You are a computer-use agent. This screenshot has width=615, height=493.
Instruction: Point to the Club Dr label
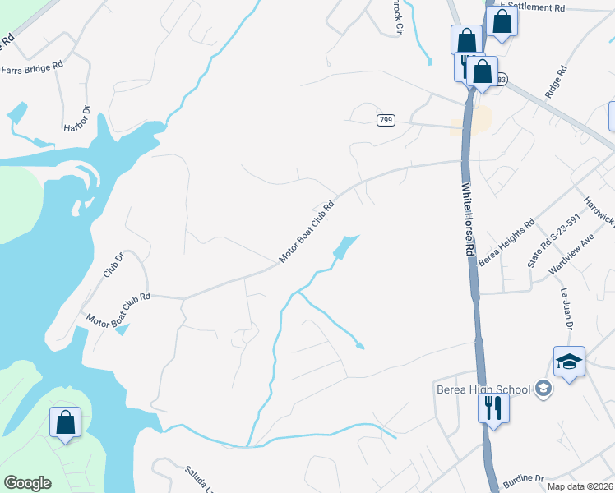tap(113, 265)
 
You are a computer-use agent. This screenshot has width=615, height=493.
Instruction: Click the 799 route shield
tap(386, 121)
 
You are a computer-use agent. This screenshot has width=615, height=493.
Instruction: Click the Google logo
tap(27, 482)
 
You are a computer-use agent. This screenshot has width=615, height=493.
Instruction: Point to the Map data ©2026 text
tap(578, 486)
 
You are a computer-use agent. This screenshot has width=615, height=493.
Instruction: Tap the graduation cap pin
tap(569, 362)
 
